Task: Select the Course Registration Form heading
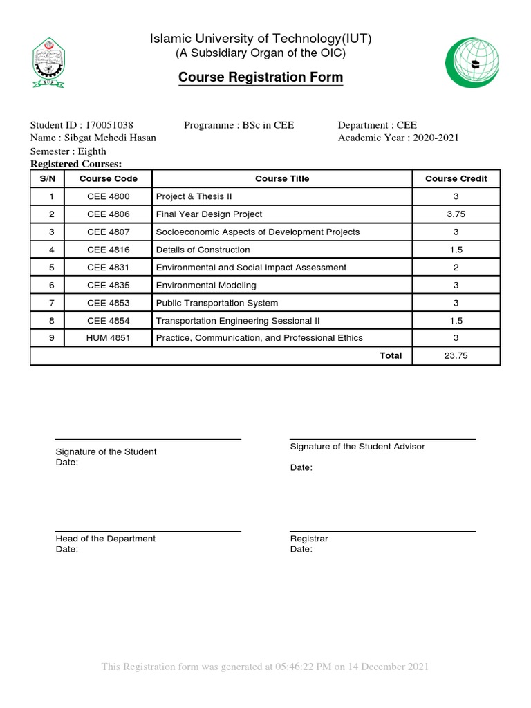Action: pyautogui.click(x=261, y=77)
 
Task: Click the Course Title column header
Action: pyautogui.click(x=282, y=178)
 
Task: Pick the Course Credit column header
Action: pyautogui.click(x=456, y=178)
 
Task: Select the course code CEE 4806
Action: pyautogui.click(x=109, y=214)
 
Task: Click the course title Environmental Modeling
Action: pyautogui.click(x=206, y=285)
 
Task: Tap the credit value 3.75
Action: pyautogui.click(x=456, y=214)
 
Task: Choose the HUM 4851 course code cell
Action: pyautogui.click(x=109, y=338)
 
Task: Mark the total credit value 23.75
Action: pyautogui.click(x=456, y=355)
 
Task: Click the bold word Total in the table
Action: pyautogui.click(x=390, y=355)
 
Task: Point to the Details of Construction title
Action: pyautogui.click(x=203, y=250)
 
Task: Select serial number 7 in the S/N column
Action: pyautogui.click(x=51, y=303)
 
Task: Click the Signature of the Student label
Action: pyautogui.click(x=106, y=451)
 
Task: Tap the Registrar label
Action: pyautogui.click(x=309, y=539)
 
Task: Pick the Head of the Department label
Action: pyautogui.click(x=105, y=539)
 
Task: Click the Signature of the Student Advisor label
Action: pyautogui.click(x=357, y=447)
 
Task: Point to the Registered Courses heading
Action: pyautogui.click(x=76, y=164)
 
